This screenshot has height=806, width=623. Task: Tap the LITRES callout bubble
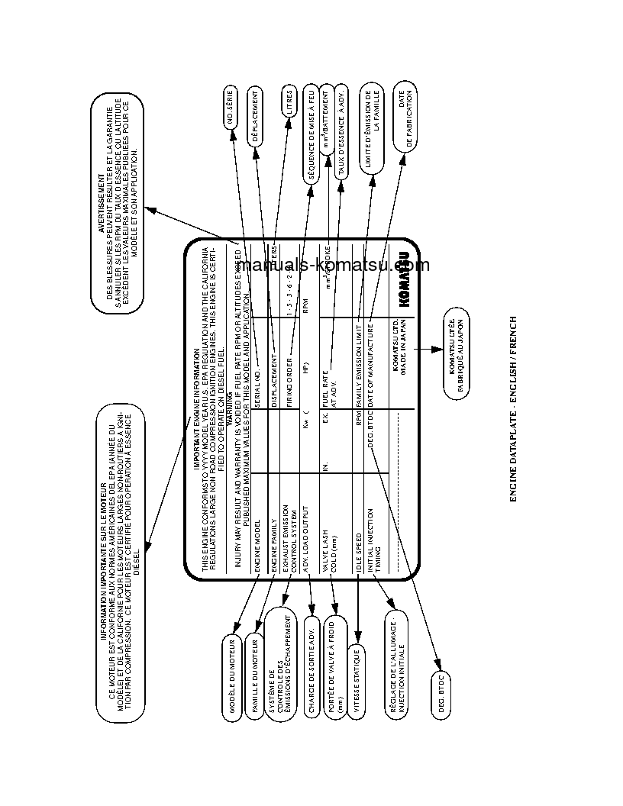point(288,105)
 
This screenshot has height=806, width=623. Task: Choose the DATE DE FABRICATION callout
point(405,121)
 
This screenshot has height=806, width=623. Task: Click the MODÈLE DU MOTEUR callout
point(231,675)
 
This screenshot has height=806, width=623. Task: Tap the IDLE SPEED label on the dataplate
point(359,547)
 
